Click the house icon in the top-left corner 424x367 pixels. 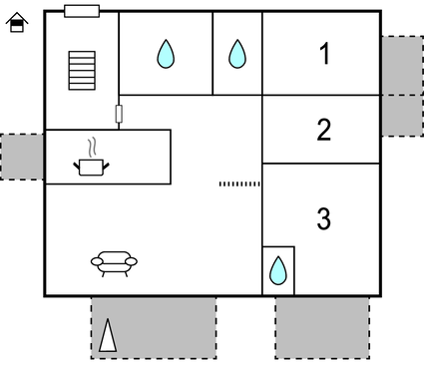pos(16,23)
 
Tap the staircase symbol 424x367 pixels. pos(81,71)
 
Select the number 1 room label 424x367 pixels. pos(323,55)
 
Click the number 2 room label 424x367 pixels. pos(323,130)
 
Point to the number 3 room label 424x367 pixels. pos(323,218)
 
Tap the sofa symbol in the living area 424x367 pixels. pos(114,262)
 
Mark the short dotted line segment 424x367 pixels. pos(239,183)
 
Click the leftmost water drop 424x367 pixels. pos(166,54)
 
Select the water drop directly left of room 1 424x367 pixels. pos(236,54)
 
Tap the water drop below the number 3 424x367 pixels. pos(278,270)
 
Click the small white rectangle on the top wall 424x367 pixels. pos(82,11)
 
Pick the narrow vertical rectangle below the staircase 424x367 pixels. pos(119,114)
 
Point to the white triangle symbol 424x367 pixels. pos(107,336)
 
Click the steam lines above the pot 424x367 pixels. pos(93,149)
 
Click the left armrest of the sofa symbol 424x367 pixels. pos(97,262)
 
